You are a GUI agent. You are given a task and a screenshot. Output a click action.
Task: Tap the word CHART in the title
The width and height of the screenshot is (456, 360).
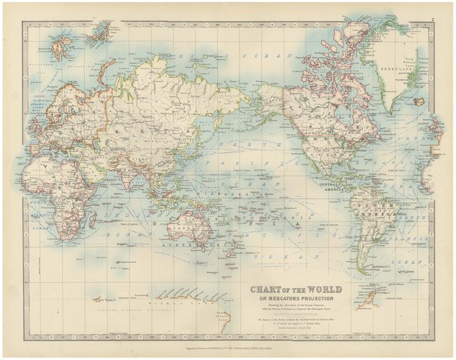tap(264, 289)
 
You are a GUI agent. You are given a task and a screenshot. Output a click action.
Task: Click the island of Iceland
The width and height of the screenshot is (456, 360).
tap(61, 48)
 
